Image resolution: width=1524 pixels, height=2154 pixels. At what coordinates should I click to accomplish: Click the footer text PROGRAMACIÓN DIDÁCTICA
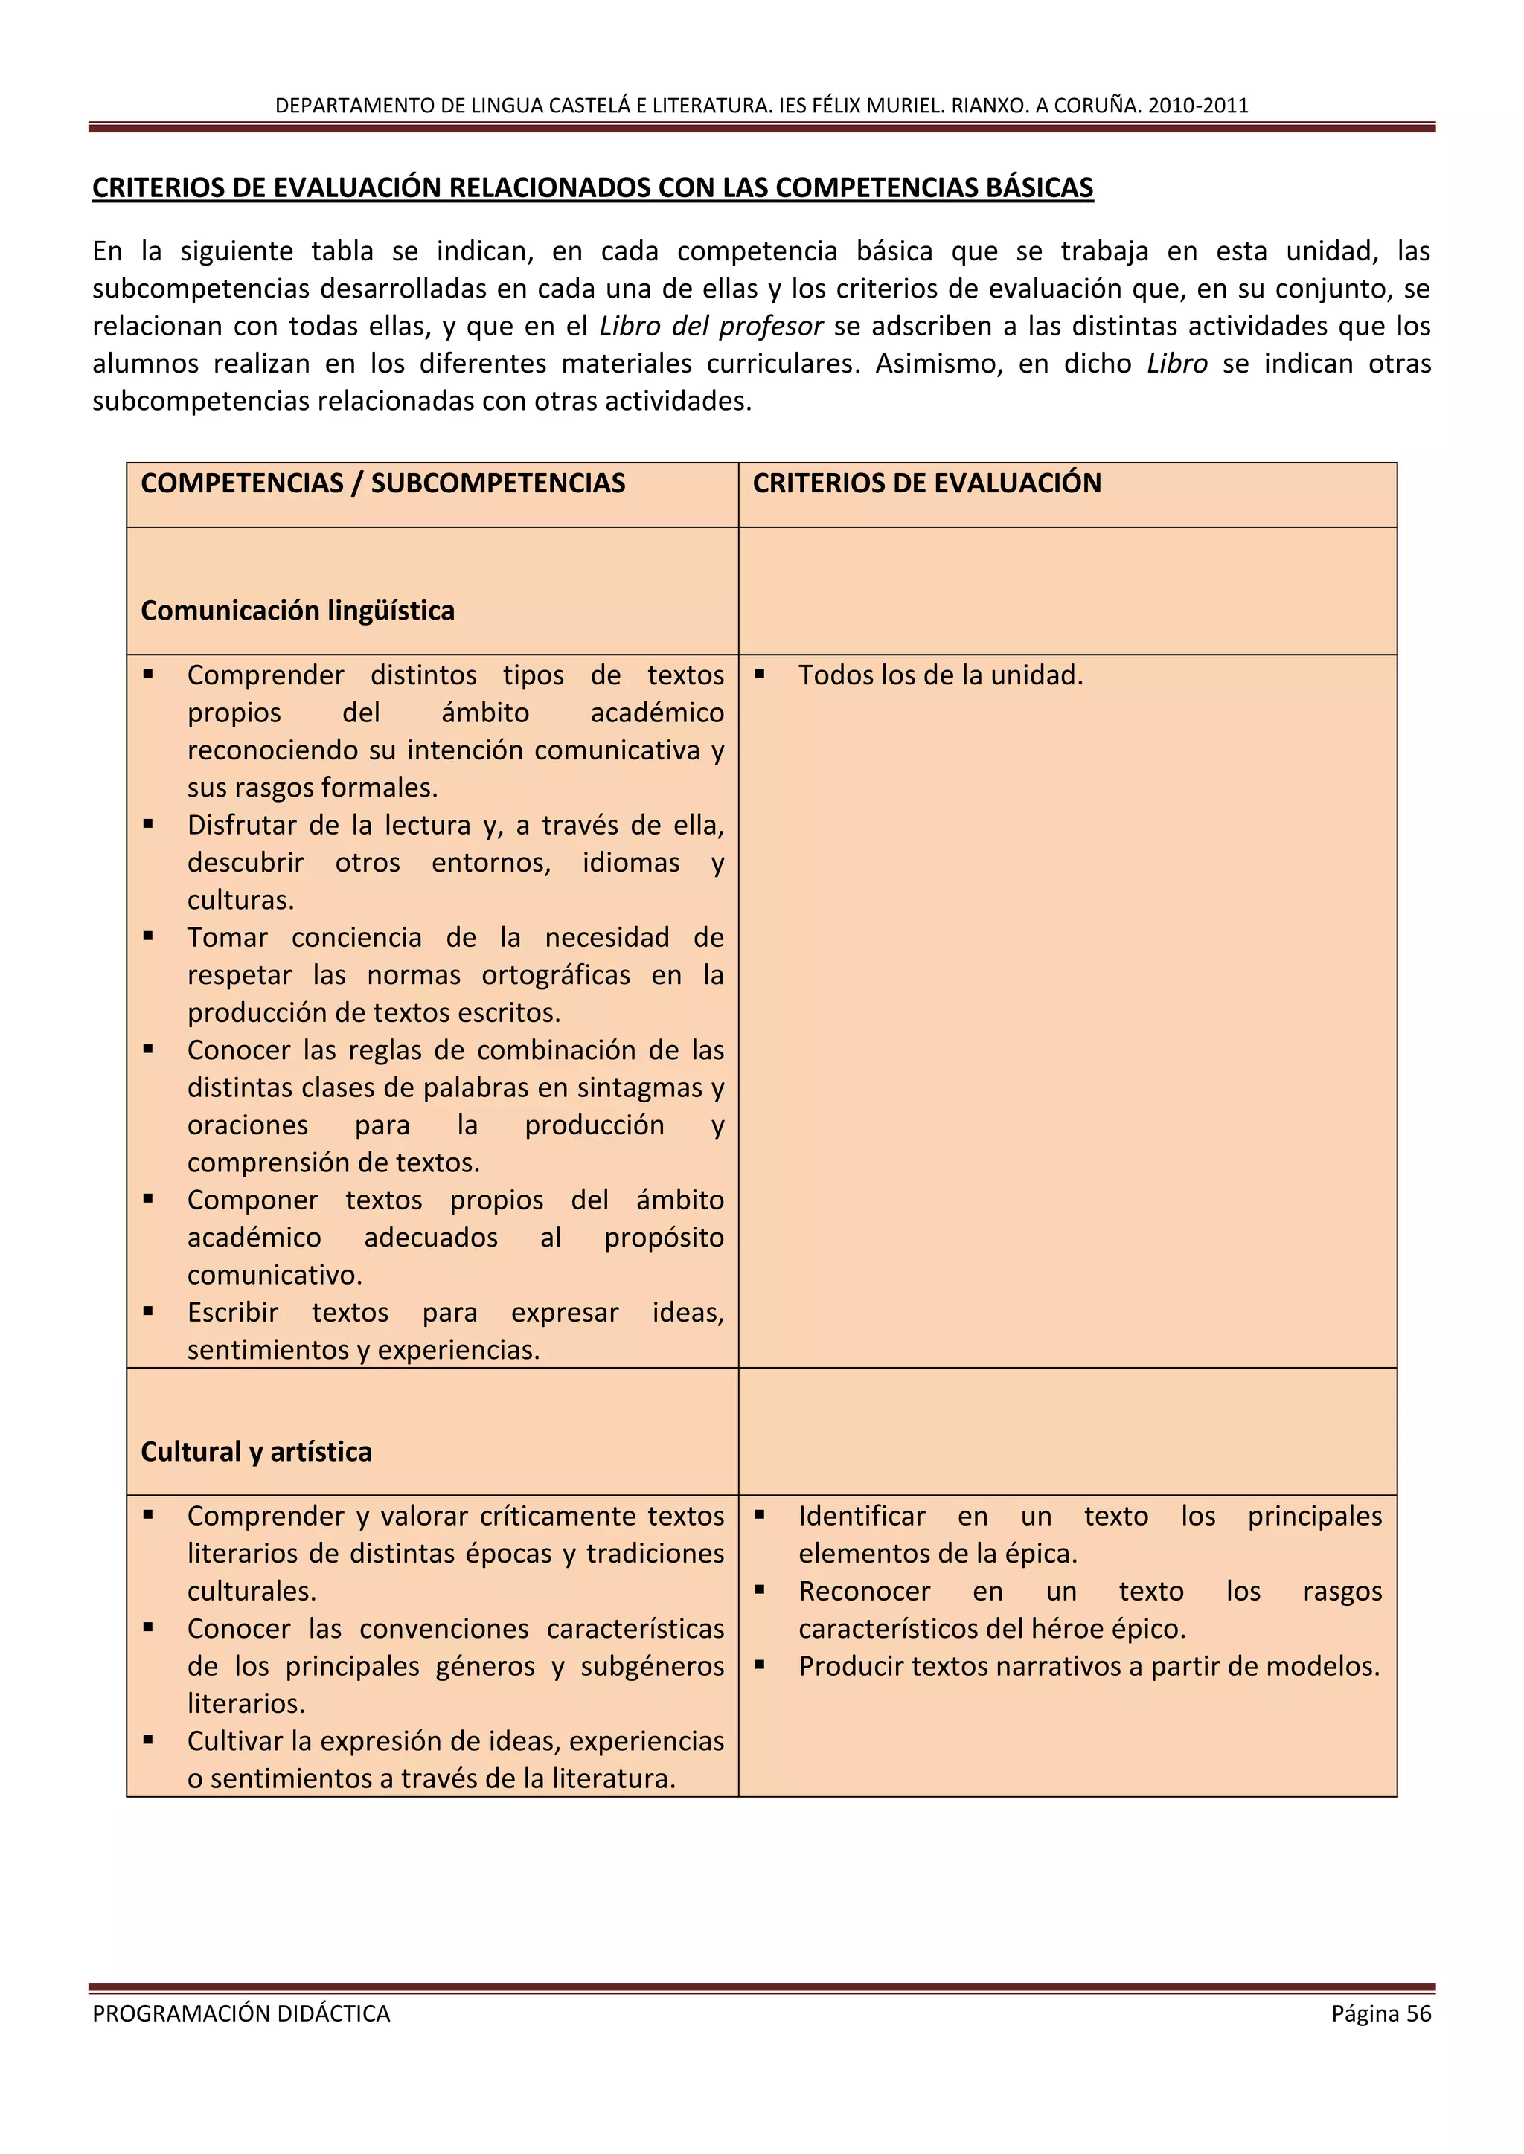[x=241, y=2013]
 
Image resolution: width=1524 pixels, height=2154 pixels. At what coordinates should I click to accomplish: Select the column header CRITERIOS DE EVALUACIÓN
[x=926, y=483]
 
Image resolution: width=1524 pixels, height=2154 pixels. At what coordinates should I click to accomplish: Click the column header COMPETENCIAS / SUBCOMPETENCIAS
[x=383, y=483]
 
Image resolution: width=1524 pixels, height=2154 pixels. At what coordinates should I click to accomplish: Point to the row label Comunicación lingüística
[x=298, y=611]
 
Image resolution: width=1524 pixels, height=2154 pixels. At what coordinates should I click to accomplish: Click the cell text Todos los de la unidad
[x=941, y=675]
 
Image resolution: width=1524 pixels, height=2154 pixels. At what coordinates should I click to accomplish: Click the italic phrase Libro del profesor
[x=711, y=327]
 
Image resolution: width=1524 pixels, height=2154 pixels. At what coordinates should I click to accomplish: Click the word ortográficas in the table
[x=556, y=976]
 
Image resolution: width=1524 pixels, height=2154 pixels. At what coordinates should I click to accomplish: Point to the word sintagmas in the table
[x=639, y=1088]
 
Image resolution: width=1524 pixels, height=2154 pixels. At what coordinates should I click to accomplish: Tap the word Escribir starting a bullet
[x=233, y=1313]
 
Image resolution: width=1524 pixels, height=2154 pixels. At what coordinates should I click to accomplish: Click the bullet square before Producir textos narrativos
[x=760, y=1665]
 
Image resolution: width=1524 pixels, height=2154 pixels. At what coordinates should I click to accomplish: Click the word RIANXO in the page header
[x=988, y=105]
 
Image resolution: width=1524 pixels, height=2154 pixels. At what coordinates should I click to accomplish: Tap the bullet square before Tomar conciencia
[x=148, y=936]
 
